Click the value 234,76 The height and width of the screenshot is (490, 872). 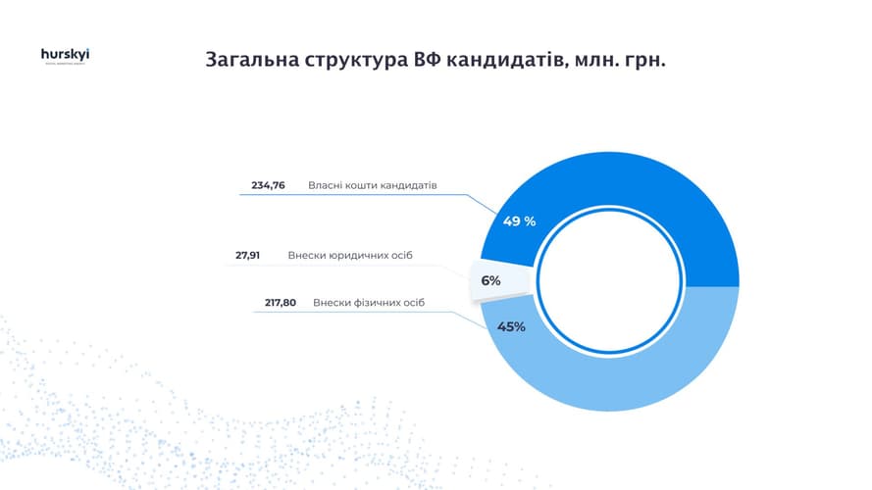click(x=268, y=184)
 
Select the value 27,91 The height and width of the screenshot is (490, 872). click(x=247, y=255)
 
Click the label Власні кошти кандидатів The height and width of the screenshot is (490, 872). click(x=372, y=184)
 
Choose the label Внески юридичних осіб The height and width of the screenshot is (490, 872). click(x=350, y=255)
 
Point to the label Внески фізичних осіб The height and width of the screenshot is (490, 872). click(x=370, y=303)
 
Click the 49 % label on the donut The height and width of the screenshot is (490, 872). click(x=519, y=221)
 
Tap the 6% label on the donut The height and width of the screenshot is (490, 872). click(x=490, y=280)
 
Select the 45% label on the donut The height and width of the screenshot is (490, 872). click(x=511, y=326)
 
